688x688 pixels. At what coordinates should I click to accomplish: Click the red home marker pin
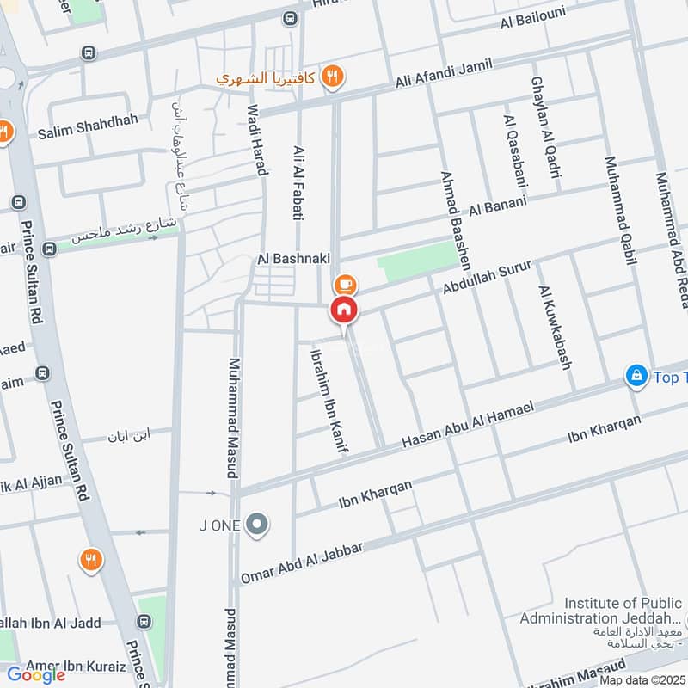[344, 310]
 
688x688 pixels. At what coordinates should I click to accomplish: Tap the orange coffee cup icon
[344, 284]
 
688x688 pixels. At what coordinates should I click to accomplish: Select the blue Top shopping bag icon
[636, 376]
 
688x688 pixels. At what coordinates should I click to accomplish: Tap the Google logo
[36, 674]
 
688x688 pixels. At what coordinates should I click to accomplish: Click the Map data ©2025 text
[641, 679]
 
